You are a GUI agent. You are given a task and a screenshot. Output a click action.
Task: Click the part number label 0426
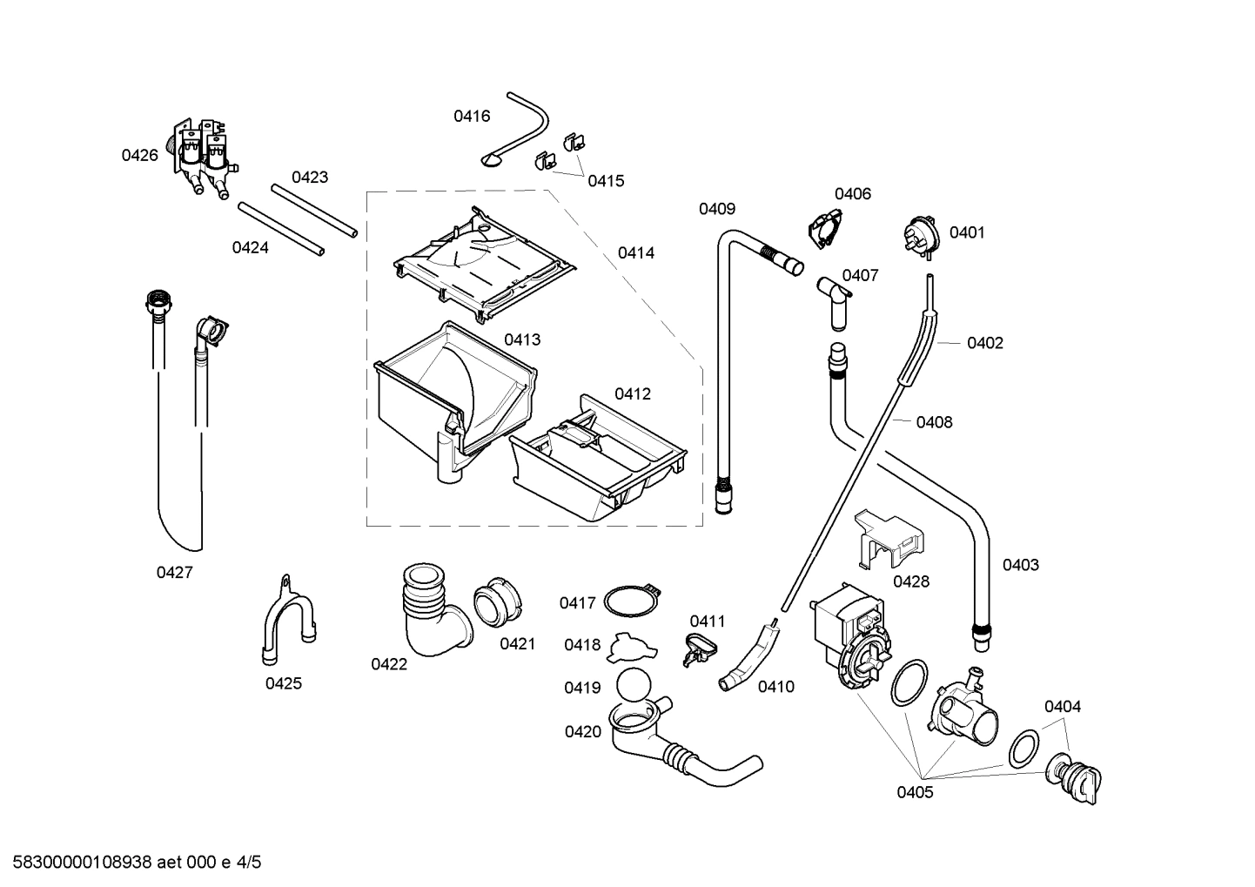[x=139, y=155]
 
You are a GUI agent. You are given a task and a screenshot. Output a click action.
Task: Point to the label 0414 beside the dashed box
[x=635, y=252]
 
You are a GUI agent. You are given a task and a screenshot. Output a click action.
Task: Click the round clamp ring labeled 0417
[x=628, y=600]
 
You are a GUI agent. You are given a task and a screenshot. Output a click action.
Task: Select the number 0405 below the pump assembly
[x=915, y=791]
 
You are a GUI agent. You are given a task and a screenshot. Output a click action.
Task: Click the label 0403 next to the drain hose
[x=1020, y=564]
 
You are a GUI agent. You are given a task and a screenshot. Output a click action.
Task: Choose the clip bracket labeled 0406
[x=826, y=228]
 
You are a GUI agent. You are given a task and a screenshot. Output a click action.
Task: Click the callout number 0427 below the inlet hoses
[x=174, y=572]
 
